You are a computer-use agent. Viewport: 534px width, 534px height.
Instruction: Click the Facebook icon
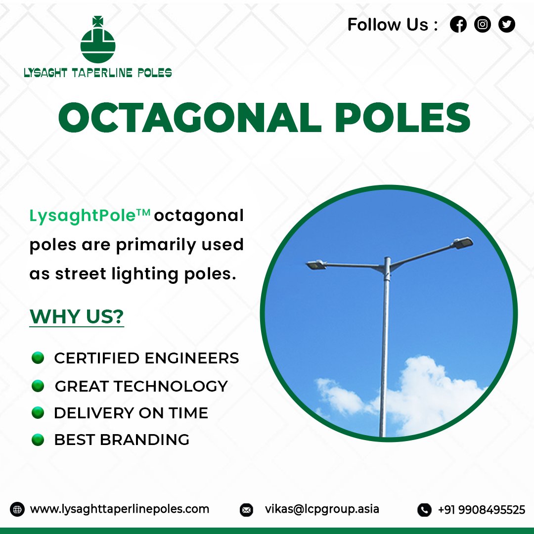[x=458, y=24]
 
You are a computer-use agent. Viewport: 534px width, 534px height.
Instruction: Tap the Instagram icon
[x=483, y=24]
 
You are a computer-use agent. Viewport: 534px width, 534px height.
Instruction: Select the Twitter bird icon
[x=507, y=24]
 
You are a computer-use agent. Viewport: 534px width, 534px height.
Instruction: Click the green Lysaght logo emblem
[x=97, y=41]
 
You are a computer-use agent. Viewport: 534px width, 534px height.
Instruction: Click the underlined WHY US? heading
[x=77, y=316]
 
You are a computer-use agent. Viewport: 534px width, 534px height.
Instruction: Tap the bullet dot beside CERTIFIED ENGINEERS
[x=38, y=357]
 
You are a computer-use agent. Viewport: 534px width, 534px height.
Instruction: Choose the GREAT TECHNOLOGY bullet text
[x=141, y=386]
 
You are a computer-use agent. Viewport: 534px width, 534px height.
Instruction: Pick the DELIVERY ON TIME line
[x=131, y=413]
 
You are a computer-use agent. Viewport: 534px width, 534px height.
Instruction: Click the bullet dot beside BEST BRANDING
[x=38, y=440]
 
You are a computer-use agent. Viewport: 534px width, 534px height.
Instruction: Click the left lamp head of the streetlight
[x=314, y=265]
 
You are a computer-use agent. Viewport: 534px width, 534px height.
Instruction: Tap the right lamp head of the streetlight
[x=463, y=242]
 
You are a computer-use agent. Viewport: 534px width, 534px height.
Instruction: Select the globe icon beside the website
[x=17, y=509]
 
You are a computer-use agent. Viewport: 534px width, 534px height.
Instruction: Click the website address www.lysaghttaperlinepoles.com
[x=120, y=509]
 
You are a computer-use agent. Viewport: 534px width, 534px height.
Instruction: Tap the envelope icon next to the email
[x=246, y=510]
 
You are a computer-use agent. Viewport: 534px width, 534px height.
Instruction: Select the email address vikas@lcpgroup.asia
[x=322, y=509]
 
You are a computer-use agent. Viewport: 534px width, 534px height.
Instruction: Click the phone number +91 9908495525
[x=481, y=509]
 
